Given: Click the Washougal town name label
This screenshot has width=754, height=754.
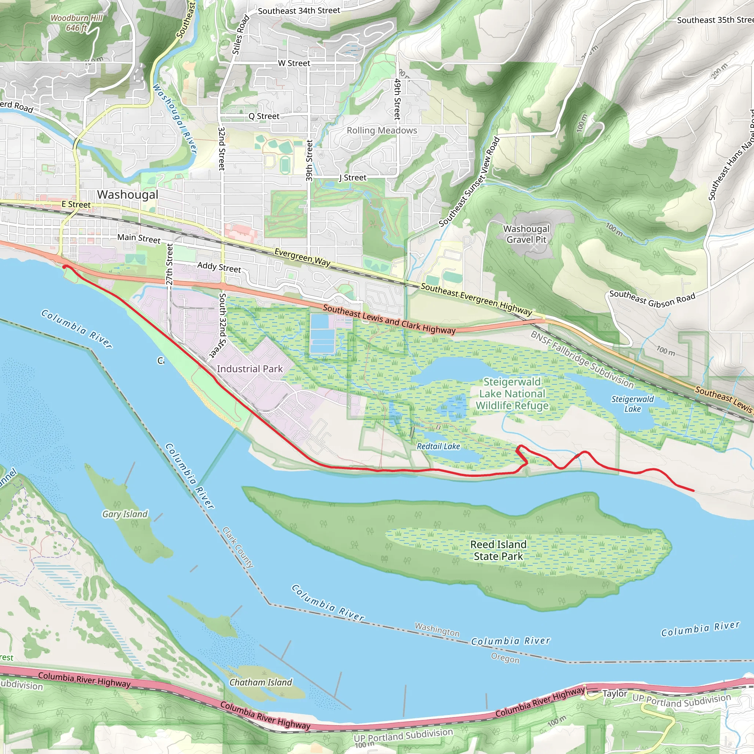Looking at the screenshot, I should click(x=128, y=194).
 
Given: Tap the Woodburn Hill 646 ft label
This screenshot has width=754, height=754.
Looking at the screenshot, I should click(x=77, y=22).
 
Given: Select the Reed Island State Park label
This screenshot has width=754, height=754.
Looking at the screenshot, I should click(x=498, y=550).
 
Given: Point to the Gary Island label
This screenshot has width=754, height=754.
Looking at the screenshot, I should click(x=125, y=514).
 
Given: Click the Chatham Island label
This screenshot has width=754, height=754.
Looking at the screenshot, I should click(x=260, y=683).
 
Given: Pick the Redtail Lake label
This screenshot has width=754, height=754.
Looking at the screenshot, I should click(x=438, y=446).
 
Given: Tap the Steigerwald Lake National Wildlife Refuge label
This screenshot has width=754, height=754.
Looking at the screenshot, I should click(x=512, y=394).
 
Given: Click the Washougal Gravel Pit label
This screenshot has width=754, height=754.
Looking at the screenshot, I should click(x=526, y=234).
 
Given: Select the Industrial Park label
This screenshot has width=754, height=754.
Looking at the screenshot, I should click(x=250, y=369).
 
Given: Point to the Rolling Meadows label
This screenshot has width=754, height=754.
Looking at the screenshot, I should click(x=382, y=130).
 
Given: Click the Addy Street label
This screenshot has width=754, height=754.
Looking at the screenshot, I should click(x=219, y=267).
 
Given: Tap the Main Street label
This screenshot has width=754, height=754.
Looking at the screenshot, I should click(x=139, y=238).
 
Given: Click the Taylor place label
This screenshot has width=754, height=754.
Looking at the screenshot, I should click(x=615, y=694).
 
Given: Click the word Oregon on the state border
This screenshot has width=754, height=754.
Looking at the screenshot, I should click(x=505, y=658).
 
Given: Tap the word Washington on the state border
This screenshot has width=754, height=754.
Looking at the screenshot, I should click(x=437, y=629).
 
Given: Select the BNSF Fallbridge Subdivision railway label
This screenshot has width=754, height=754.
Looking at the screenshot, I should click(x=582, y=359).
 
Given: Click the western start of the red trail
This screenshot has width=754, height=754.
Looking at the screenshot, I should click(x=64, y=267).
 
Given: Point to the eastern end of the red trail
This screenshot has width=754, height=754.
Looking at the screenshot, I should click(x=694, y=490).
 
